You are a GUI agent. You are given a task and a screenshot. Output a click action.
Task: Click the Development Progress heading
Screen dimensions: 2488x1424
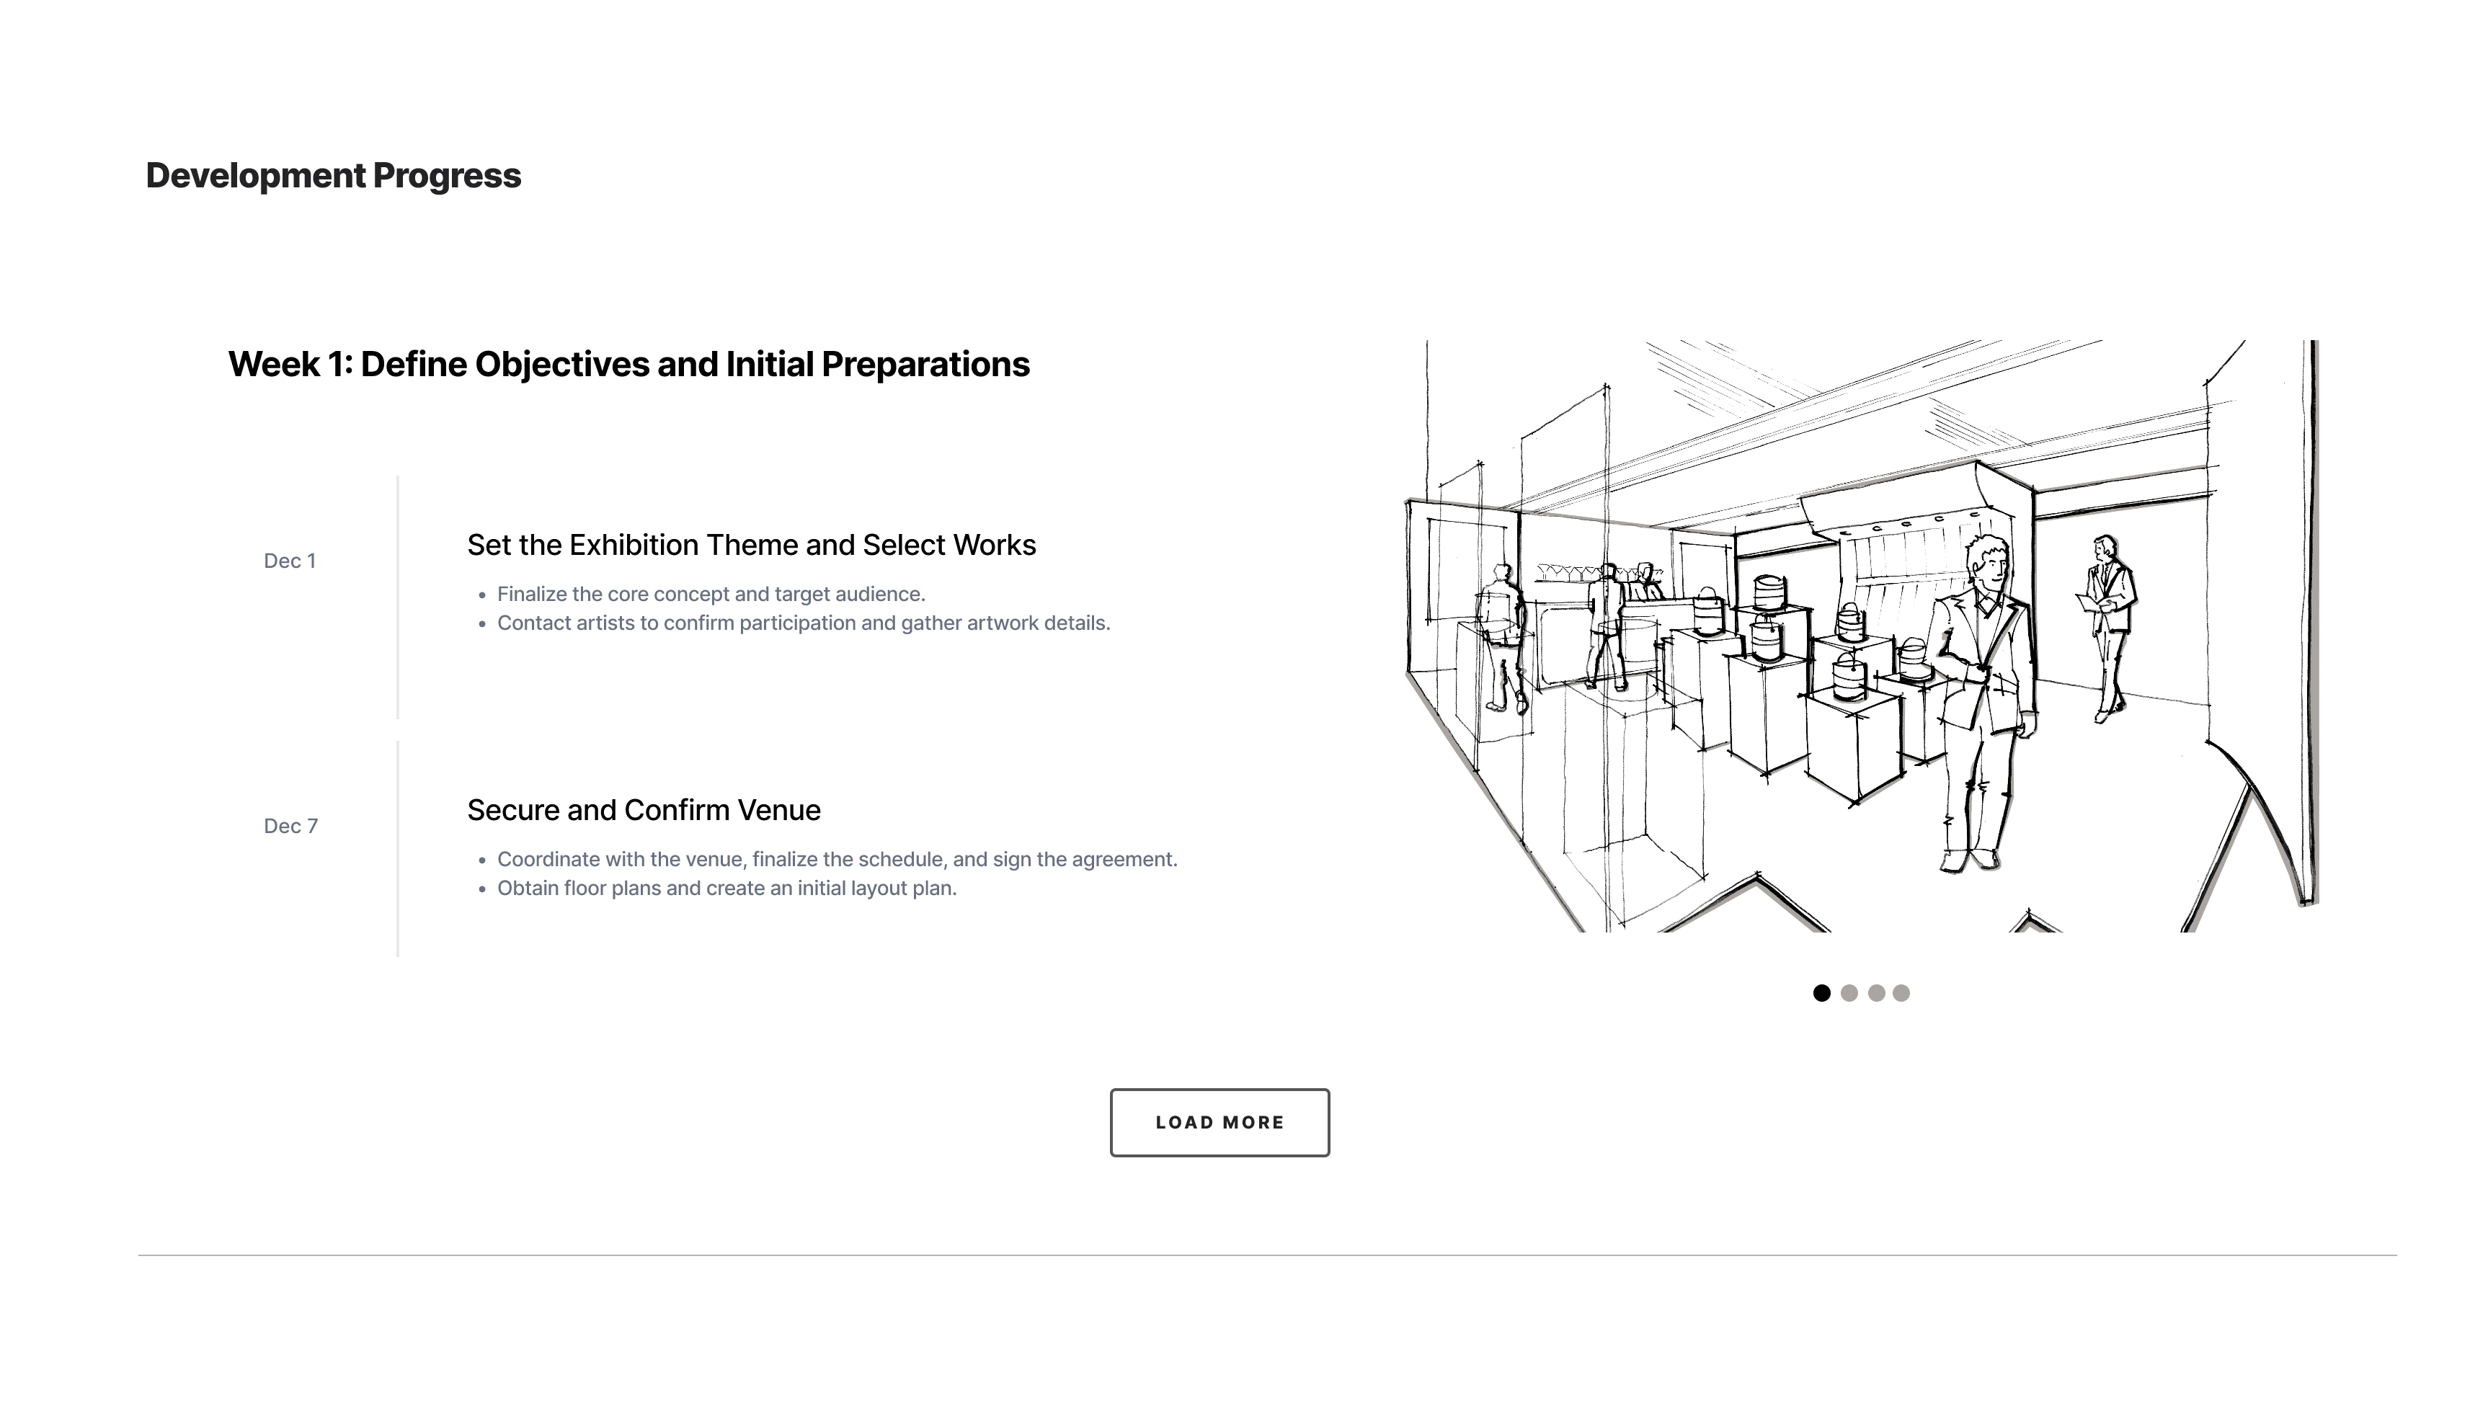tap(334, 176)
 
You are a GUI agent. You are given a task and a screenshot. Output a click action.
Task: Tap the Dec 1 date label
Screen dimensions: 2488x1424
tap(290, 561)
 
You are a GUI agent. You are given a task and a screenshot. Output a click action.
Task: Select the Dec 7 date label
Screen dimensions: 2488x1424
tap(290, 827)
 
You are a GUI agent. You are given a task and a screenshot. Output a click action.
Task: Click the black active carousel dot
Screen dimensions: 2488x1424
tap(1821, 993)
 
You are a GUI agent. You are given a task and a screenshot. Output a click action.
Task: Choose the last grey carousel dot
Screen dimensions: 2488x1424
tap(1901, 993)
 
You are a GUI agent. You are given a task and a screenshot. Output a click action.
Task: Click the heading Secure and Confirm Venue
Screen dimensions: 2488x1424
tap(644, 810)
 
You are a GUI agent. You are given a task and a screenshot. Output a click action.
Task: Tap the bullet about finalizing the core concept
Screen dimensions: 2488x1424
tap(711, 595)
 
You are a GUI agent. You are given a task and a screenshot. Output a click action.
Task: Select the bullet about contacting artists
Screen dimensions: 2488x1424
tap(803, 623)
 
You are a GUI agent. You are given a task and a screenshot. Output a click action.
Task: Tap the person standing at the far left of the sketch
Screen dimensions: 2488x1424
tap(1501, 636)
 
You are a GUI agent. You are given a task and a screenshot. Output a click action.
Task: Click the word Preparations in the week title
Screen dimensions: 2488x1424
tap(925, 365)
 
